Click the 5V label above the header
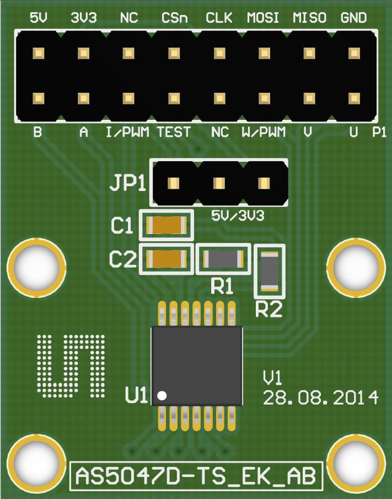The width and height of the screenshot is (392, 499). pyautogui.click(x=39, y=18)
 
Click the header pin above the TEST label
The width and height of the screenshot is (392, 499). pyautogui.click(x=174, y=99)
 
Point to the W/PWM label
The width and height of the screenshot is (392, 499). pyautogui.click(x=264, y=132)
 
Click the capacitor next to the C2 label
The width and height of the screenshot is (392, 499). pyautogui.click(x=167, y=258)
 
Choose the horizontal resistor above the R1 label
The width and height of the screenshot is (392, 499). pyautogui.click(x=223, y=258)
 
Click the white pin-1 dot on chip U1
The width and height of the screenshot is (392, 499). pyautogui.click(x=162, y=395)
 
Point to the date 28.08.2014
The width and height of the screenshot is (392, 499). pyautogui.click(x=320, y=397)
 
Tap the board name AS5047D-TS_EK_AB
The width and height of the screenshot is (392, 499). pyautogui.click(x=196, y=476)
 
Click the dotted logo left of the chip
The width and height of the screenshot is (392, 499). pyautogui.click(x=71, y=365)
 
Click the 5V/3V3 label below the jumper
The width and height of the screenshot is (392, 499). pyautogui.click(x=238, y=216)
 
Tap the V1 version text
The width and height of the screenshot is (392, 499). pyautogui.click(x=273, y=378)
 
